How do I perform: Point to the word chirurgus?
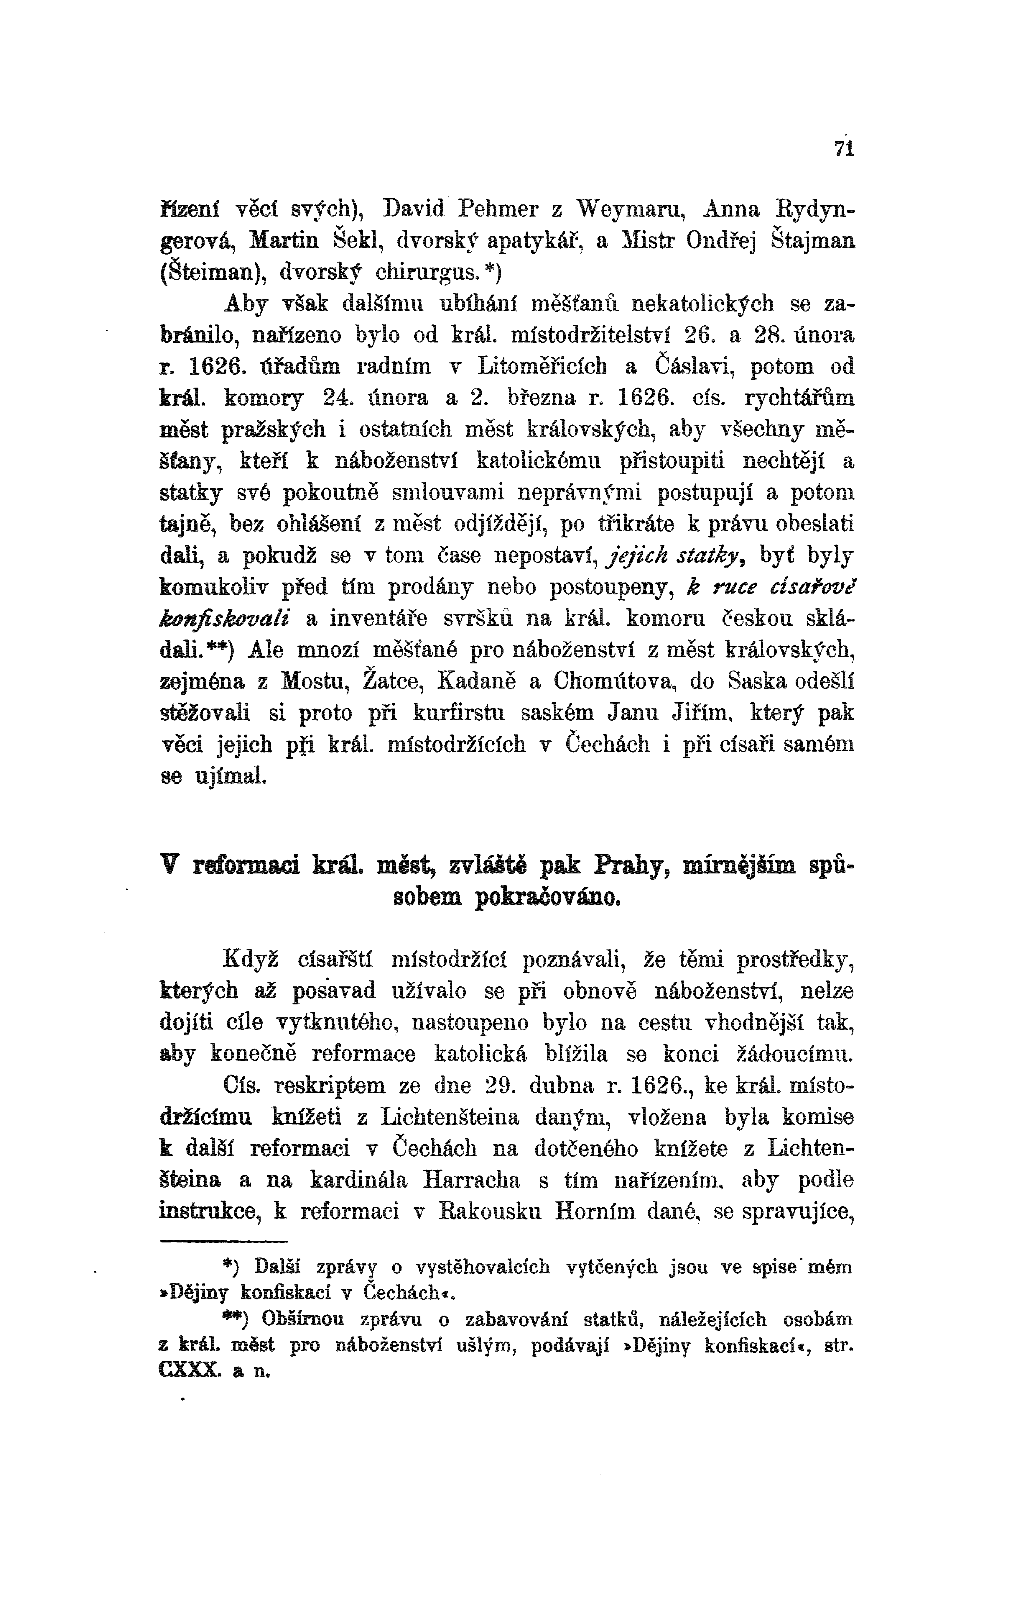(425, 272)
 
